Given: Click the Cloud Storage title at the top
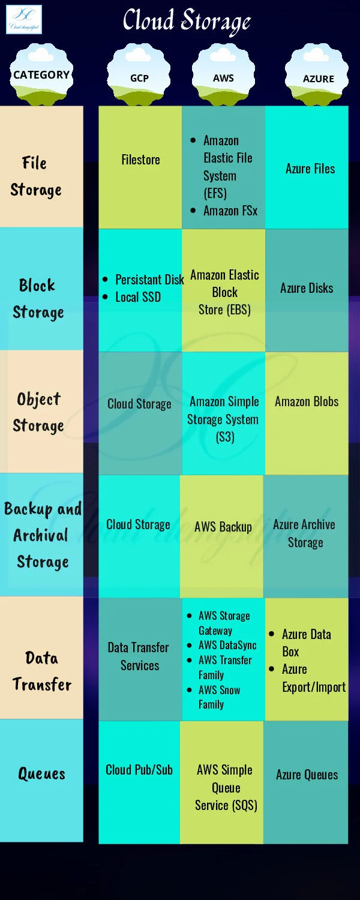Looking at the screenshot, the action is pos(187,22).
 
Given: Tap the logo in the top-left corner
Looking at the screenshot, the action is pos(24,19).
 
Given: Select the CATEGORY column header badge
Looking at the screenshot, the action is pos(41,75).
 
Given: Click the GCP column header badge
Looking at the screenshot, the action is pos(139,78).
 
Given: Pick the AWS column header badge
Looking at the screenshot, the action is pos(223,78).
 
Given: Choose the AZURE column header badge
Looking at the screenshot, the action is pos(318,79).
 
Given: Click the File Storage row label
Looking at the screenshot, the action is pos(36,176).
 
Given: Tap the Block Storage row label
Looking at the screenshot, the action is pos(38,299).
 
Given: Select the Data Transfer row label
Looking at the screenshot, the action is pos(42,671).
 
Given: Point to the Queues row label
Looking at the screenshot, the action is pos(41,773).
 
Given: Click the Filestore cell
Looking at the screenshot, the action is pos(140,160).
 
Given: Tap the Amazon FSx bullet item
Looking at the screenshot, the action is pos(230,211).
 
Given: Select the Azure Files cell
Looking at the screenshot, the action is pos(310,169).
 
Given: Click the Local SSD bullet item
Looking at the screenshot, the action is pos(138,297).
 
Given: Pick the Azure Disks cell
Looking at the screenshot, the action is pos(307,288).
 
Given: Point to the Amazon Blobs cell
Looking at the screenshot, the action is pos(307,401).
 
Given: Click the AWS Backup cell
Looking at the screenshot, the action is pos(223,527).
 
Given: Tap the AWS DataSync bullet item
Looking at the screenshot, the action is pos(227,645).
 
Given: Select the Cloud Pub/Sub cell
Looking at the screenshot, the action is pos(139,770).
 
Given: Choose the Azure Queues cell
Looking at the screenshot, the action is pos(307,775).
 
